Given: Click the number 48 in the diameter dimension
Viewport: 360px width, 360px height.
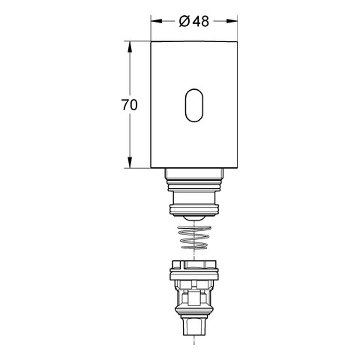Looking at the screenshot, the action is coord(201,21).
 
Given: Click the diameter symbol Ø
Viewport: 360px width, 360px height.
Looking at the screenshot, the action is coord(184,21).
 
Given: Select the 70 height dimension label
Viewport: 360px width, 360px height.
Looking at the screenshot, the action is coord(130,105).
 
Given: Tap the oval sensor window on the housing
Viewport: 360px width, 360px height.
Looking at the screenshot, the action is coord(194,105).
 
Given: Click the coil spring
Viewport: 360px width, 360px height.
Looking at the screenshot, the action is coord(194,237).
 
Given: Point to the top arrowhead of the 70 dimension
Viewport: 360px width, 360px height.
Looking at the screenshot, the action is coord(130,46).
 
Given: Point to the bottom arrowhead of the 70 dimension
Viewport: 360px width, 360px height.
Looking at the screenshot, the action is coord(130,162).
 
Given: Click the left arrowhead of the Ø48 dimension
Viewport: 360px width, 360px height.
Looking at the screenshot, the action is coord(157,21).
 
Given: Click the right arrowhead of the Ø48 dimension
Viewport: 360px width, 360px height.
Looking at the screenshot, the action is coord(232,21).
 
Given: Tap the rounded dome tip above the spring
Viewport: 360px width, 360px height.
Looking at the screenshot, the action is coord(194,217).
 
